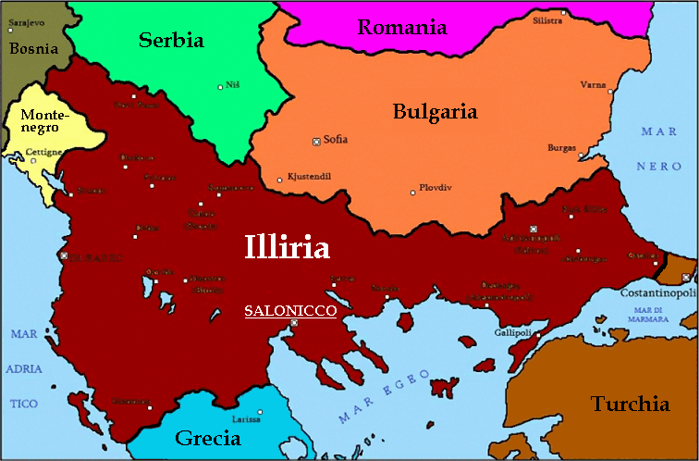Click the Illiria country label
(x=287, y=247)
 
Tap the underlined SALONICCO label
(x=289, y=311)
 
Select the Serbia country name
(x=171, y=40)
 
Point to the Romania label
(x=402, y=27)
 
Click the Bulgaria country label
(x=435, y=112)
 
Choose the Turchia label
(x=631, y=404)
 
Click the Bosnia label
(x=32, y=48)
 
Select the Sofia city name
(x=336, y=140)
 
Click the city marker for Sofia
(x=316, y=141)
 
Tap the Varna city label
(x=593, y=84)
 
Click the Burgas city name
(x=561, y=147)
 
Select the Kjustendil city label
(x=309, y=176)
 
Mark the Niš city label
(x=233, y=84)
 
